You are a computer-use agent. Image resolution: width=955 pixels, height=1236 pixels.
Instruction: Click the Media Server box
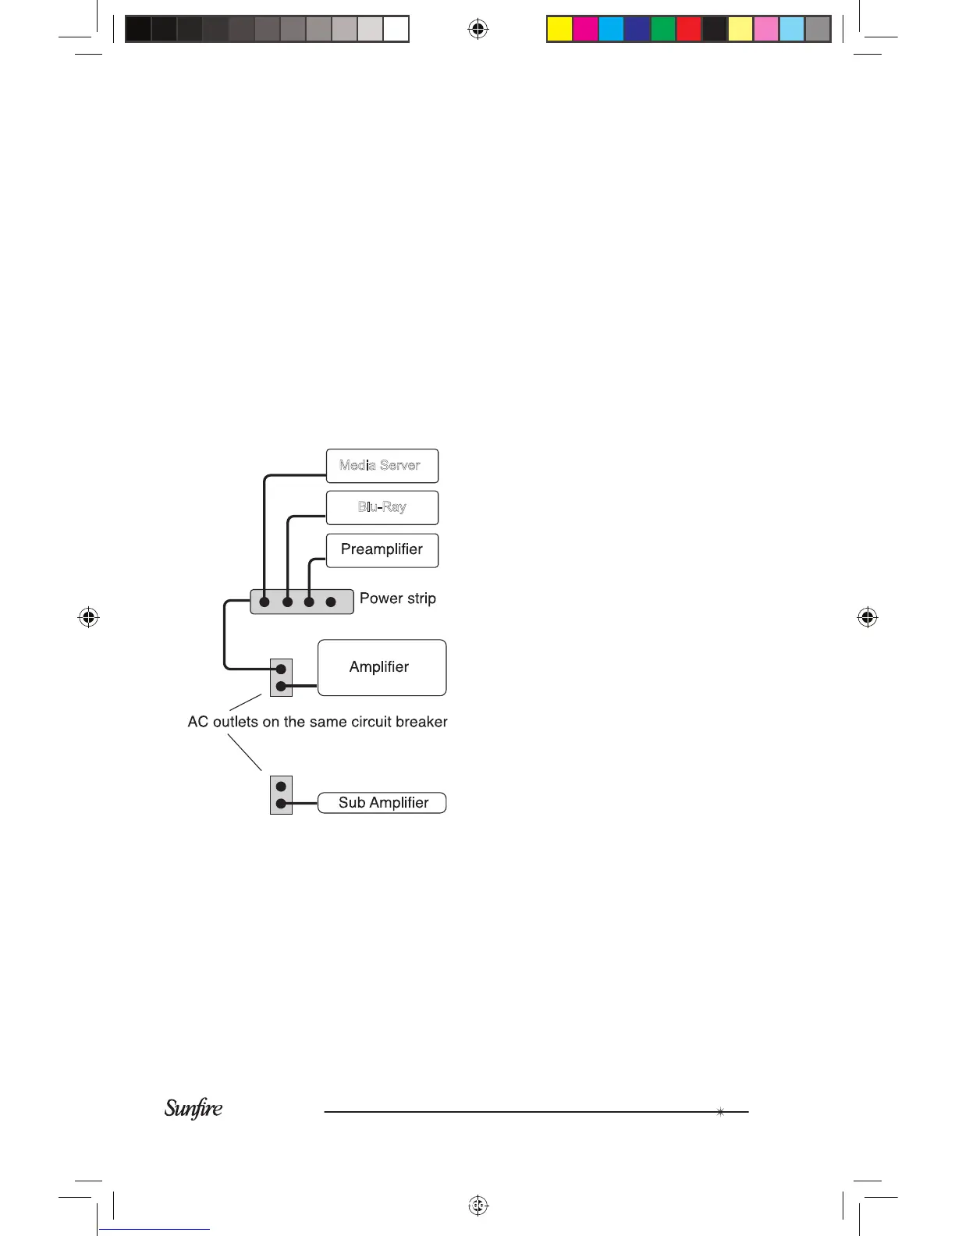click(382, 466)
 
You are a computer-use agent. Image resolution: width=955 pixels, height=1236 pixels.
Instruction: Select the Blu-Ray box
click(382, 507)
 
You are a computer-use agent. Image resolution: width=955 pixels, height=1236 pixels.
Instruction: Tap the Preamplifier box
click(382, 550)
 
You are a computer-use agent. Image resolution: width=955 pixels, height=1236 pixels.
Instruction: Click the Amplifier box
click(382, 667)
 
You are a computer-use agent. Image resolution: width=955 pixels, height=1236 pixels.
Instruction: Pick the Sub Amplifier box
click(382, 803)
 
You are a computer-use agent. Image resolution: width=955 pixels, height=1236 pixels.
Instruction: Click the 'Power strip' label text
click(397, 598)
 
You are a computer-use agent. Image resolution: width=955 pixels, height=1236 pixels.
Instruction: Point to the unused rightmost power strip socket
click(331, 602)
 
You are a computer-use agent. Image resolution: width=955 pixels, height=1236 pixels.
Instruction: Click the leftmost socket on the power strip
click(264, 602)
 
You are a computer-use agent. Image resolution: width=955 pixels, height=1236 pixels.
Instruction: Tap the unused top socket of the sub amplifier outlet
click(281, 787)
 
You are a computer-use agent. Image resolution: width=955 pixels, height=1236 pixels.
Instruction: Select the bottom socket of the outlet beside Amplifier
click(281, 687)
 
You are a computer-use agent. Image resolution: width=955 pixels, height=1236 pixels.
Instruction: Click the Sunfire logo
click(193, 1108)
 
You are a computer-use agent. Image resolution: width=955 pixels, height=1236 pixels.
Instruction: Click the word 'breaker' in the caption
click(421, 722)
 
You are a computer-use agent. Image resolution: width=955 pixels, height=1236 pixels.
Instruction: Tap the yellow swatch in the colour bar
click(559, 29)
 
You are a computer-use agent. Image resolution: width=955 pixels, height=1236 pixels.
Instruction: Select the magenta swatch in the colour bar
click(585, 29)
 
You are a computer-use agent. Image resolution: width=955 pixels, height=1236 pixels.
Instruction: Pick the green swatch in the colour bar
click(662, 29)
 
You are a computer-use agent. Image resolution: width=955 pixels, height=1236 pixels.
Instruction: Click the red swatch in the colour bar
click(688, 29)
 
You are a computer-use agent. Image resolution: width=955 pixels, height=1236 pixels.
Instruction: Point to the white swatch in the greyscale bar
click(396, 29)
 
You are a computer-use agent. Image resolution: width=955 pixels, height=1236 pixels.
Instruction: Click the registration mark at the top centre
click(477, 30)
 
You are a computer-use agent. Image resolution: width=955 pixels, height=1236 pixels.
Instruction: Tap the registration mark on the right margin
click(867, 617)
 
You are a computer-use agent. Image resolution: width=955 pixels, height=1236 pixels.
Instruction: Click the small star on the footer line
click(719, 1112)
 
